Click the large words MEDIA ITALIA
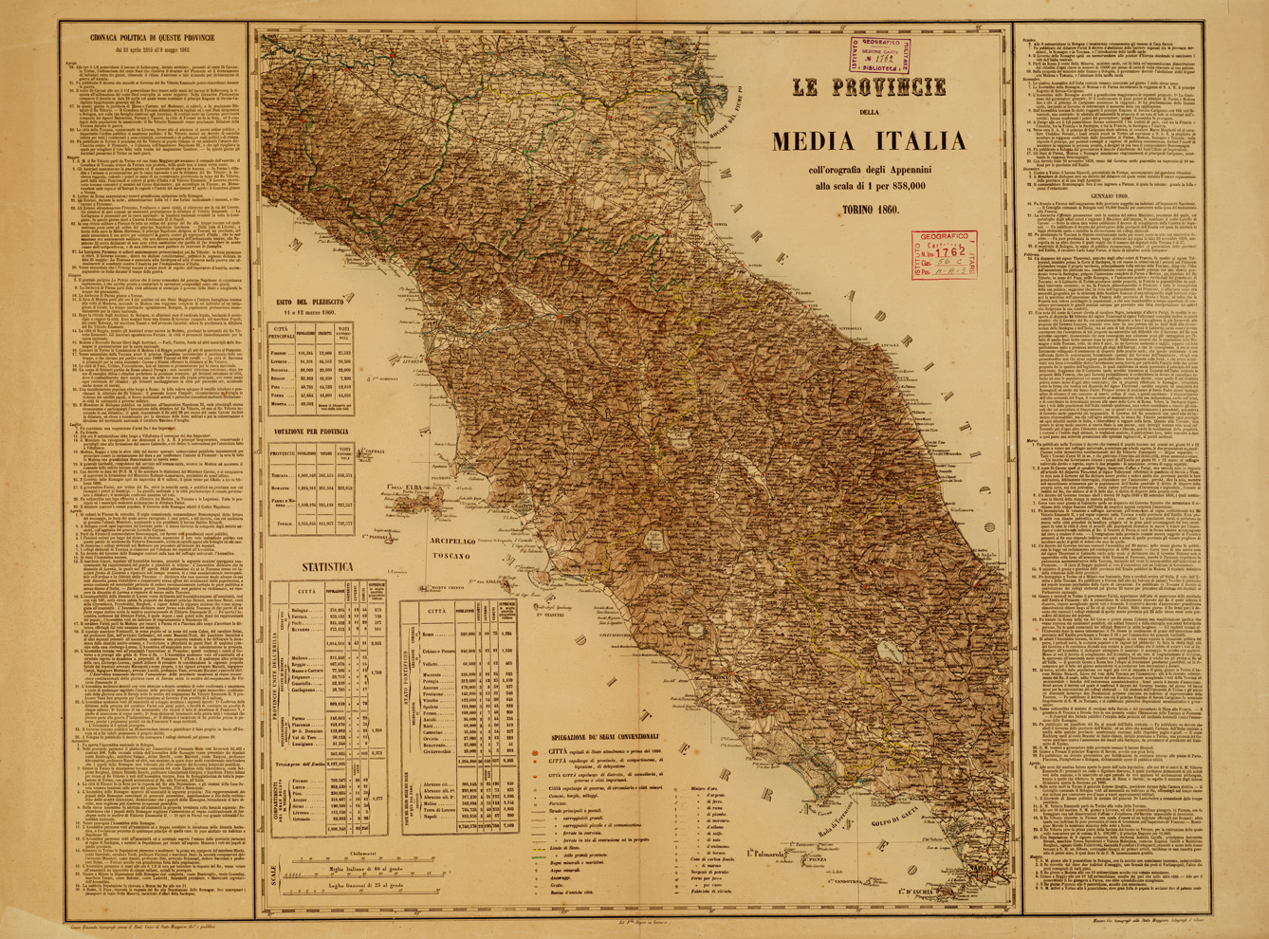(869, 142)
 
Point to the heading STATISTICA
(329, 567)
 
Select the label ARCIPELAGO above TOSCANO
(450, 534)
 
